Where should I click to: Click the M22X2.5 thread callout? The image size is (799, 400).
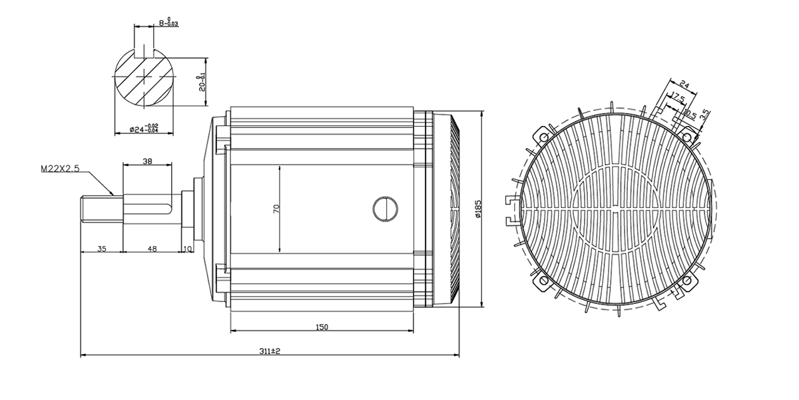click(60, 169)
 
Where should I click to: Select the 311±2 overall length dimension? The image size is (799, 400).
click(270, 351)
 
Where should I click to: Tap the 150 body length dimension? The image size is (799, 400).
click(322, 327)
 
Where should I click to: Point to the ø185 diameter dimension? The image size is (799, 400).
click(478, 209)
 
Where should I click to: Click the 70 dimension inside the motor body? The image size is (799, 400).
click(276, 209)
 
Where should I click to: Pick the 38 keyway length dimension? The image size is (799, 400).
click(147, 161)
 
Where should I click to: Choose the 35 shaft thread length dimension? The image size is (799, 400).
click(102, 249)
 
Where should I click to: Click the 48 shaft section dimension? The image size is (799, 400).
click(152, 249)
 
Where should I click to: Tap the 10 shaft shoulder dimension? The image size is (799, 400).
click(187, 249)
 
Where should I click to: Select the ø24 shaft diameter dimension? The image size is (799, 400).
click(144, 129)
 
